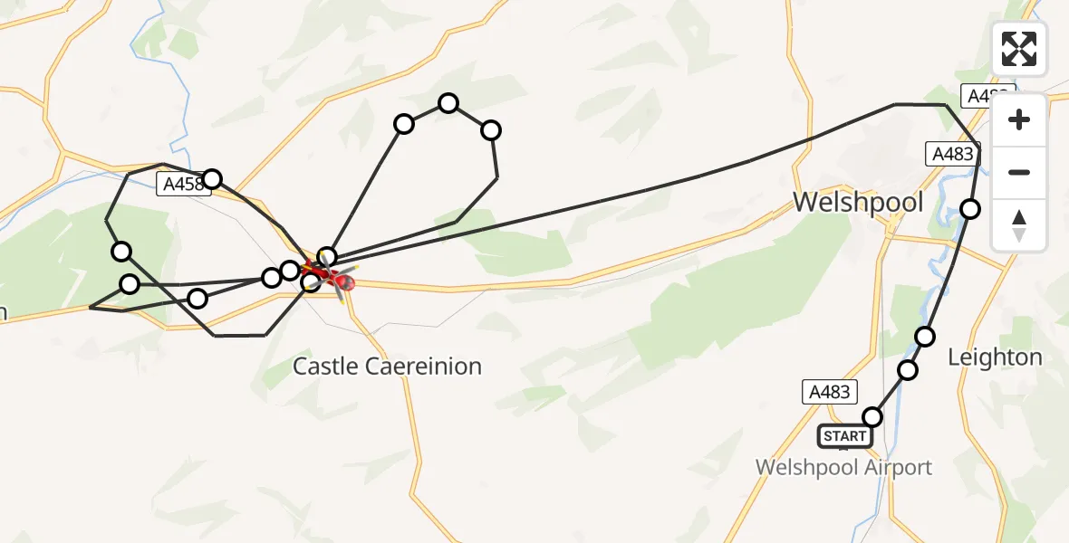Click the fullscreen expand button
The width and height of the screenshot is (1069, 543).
[x=1019, y=49]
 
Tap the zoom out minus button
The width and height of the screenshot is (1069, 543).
[x=1019, y=172]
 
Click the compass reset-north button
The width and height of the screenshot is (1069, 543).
[x=1019, y=224]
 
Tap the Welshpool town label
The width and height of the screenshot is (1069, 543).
[x=858, y=202]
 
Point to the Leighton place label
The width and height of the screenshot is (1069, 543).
[x=995, y=357]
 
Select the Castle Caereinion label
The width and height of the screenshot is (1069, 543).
[x=387, y=367]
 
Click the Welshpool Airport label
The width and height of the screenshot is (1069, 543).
[x=843, y=468]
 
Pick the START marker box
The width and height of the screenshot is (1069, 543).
[x=843, y=436]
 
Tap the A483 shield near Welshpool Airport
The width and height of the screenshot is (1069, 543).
[x=829, y=392]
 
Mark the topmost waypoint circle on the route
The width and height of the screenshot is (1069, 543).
[x=448, y=103]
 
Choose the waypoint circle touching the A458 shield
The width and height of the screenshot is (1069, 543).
[x=212, y=179]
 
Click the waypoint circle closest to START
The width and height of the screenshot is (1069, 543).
[x=872, y=417]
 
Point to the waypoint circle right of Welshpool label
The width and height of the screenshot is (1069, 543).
[x=970, y=210]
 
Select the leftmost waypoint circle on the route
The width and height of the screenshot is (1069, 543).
[x=120, y=252]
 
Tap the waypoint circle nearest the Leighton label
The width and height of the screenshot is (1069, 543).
[x=925, y=337]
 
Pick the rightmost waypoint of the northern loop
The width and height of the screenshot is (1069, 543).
[x=491, y=130]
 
